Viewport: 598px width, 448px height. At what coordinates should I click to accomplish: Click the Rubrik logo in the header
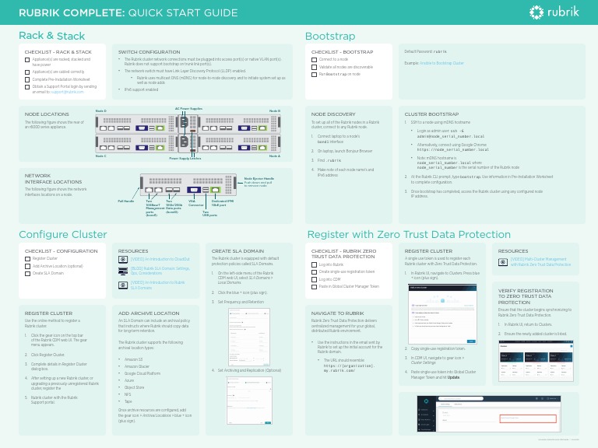point(555,12)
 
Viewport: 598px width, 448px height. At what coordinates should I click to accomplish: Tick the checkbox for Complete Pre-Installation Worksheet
point(27,79)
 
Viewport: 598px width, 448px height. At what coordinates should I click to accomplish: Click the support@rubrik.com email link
point(69,92)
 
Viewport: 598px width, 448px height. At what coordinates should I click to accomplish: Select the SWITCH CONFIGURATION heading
point(149,52)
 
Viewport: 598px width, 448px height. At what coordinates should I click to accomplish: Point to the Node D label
point(100,111)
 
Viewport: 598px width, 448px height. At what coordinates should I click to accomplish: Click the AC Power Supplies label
point(188,109)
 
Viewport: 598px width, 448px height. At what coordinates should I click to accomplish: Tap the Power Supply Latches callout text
point(185,158)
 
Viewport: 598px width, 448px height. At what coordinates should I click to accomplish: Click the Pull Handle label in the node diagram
point(125,201)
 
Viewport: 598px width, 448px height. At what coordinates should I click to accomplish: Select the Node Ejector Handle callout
point(259,178)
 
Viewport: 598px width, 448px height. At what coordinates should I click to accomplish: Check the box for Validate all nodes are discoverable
point(314,67)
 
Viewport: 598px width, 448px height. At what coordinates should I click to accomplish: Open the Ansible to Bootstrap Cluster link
point(441,63)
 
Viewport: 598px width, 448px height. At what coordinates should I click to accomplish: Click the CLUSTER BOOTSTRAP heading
point(426,114)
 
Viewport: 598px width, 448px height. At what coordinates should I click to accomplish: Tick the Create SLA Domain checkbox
point(27,273)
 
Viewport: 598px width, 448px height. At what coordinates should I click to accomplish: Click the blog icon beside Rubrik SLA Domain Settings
point(123,270)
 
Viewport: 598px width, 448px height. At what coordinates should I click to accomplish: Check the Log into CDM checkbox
point(314,278)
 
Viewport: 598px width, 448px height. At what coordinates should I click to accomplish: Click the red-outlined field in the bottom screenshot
point(527,418)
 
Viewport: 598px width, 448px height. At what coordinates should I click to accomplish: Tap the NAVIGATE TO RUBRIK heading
point(337,312)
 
